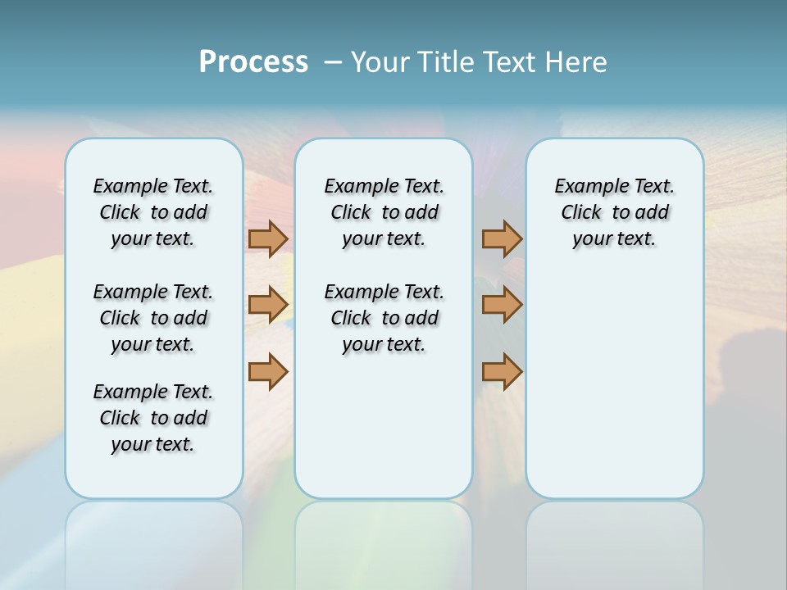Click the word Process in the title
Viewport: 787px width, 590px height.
pyautogui.click(x=253, y=61)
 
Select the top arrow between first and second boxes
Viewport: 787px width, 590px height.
pyautogui.click(x=268, y=238)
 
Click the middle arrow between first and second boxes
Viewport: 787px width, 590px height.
pyautogui.click(x=268, y=305)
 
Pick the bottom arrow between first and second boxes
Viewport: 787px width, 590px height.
pyautogui.click(x=268, y=371)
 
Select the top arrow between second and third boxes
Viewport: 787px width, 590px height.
pyautogui.click(x=502, y=238)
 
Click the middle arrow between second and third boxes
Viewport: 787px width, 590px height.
pyautogui.click(x=502, y=305)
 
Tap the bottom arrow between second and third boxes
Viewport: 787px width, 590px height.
pyautogui.click(x=502, y=371)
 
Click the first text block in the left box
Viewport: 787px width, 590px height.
pyautogui.click(x=153, y=212)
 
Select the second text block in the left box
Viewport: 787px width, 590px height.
pyautogui.click(x=153, y=318)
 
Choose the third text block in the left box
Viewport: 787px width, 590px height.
pyautogui.click(x=153, y=418)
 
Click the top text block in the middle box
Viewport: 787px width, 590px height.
pyautogui.click(x=384, y=212)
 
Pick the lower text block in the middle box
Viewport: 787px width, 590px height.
pyautogui.click(x=384, y=318)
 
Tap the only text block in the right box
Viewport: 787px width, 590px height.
pyautogui.click(x=614, y=212)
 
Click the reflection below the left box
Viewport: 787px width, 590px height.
pyautogui.click(x=153, y=533)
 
